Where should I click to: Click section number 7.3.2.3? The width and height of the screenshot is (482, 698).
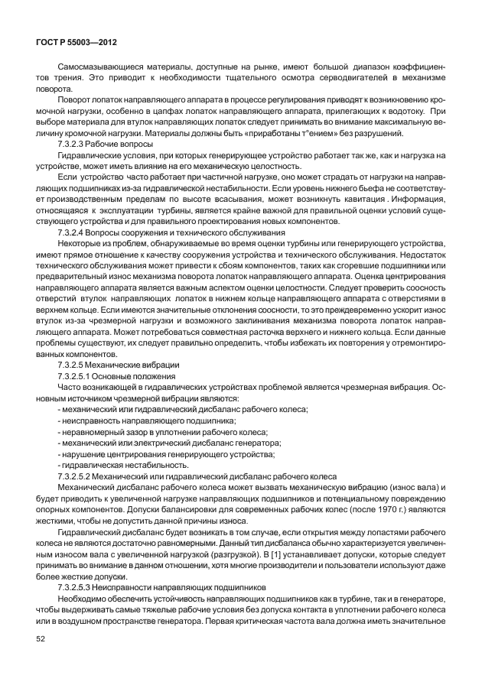pyautogui.click(x=74, y=144)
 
